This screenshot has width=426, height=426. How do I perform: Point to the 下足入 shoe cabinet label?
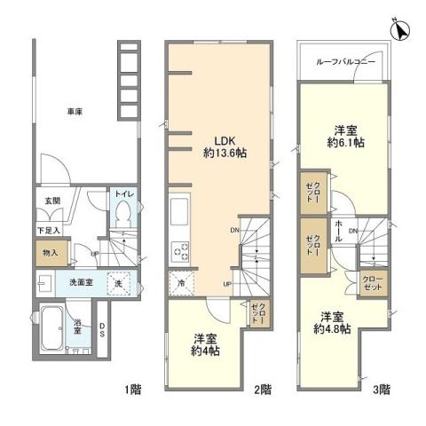tap(49, 230)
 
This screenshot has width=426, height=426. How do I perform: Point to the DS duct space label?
tap(103, 331)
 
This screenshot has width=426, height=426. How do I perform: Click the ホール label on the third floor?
tap(340, 226)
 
